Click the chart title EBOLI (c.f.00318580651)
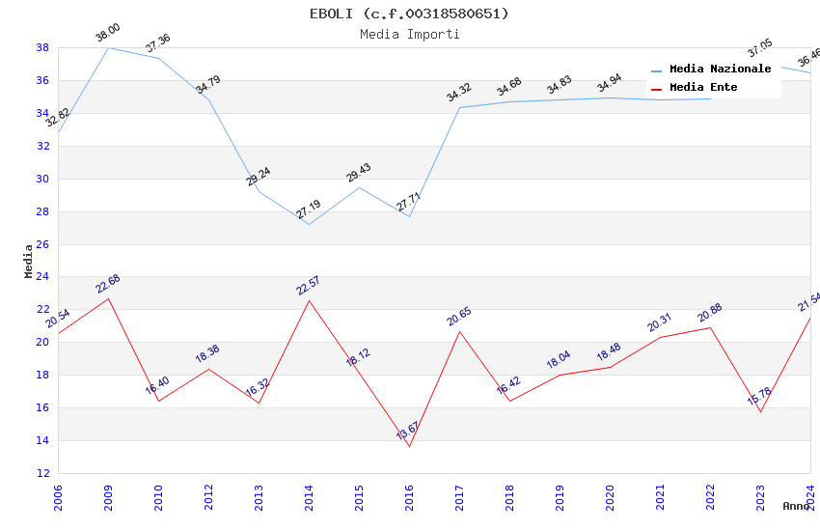pos(409,14)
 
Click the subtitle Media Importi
pos(409,35)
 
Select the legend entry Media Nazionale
pos(720,70)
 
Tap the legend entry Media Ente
pos(703,88)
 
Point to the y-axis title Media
pos(29,261)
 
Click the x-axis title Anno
pos(796,506)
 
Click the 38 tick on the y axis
pos(42,47)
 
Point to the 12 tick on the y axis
pos(42,473)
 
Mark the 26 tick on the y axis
pos(42,244)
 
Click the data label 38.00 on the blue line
pos(107,36)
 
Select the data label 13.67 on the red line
pos(408,431)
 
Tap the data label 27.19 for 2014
pos(309,210)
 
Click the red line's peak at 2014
pos(309,300)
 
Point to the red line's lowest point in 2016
pos(409,446)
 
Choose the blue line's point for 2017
pos(459,107)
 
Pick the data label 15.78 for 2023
pos(759,397)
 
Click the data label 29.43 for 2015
pos(359,173)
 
